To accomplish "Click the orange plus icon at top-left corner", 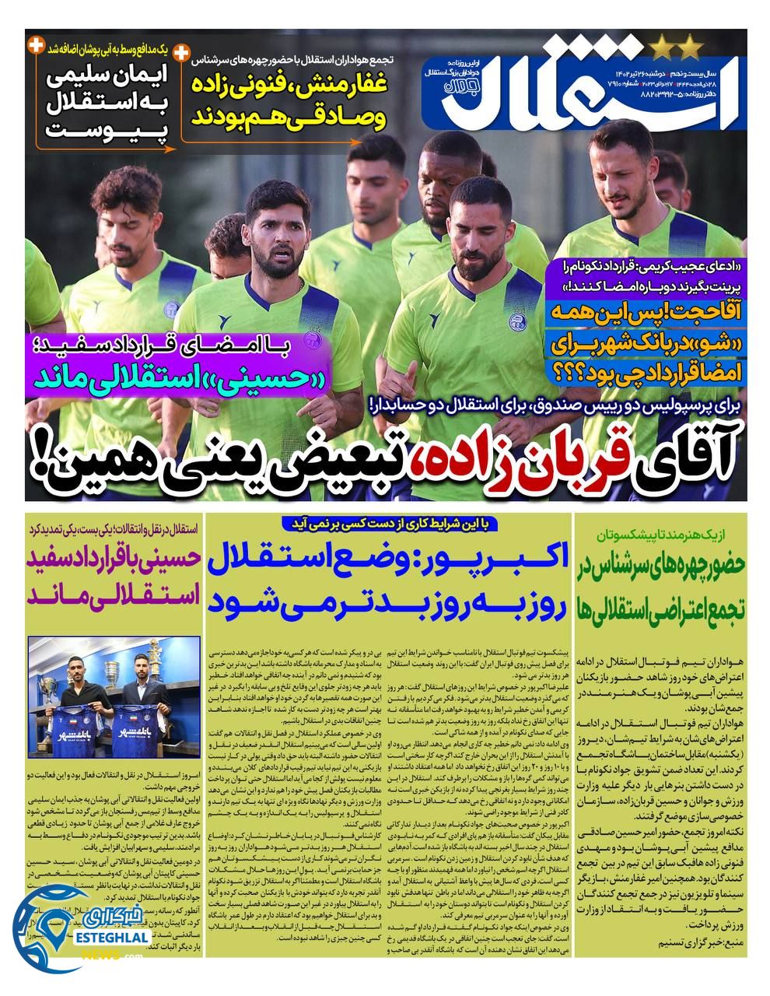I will coord(34,46).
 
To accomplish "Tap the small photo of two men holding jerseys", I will coord(114,682).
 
